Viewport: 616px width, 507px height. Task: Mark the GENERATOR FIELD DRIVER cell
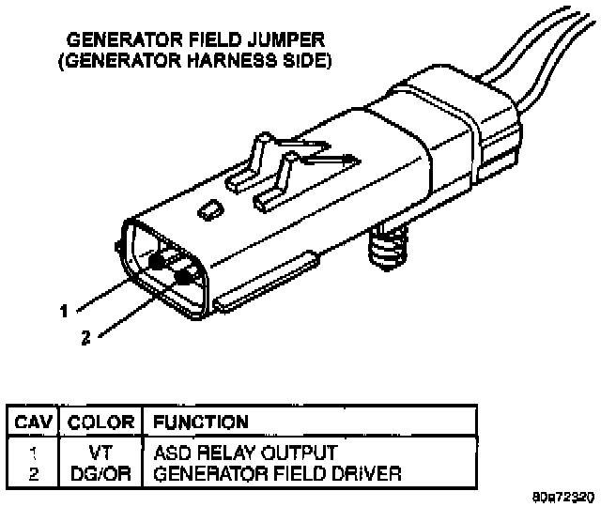277,473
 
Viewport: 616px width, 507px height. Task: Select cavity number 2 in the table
34,473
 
